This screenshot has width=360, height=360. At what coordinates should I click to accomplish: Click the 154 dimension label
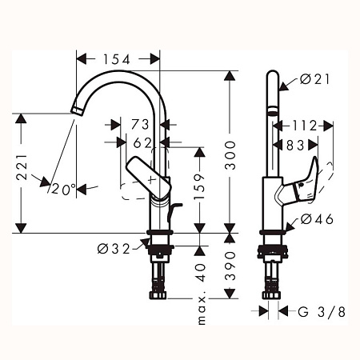pyautogui.click(x=119, y=58)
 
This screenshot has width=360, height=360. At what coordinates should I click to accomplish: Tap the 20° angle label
pyautogui.click(x=63, y=190)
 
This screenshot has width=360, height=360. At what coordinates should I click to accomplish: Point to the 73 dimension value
pyautogui.click(x=141, y=126)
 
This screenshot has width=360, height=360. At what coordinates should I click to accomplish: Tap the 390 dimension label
pyautogui.click(x=230, y=274)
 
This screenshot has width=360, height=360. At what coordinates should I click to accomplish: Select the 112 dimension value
pyautogui.click(x=305, y=126)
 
